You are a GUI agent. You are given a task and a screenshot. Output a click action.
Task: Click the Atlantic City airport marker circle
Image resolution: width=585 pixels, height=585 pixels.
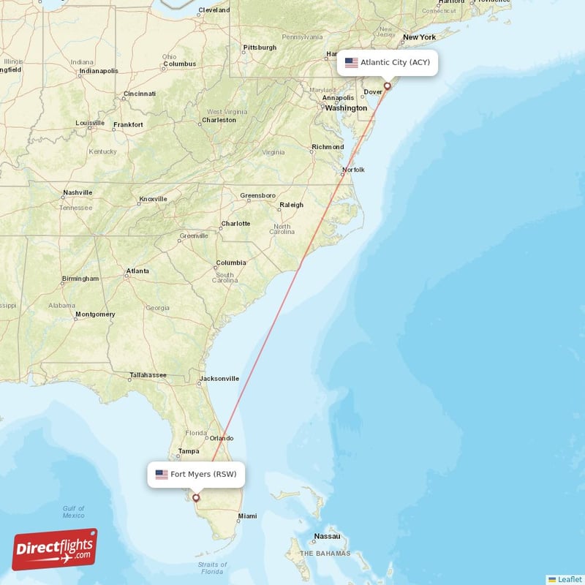point(388,86)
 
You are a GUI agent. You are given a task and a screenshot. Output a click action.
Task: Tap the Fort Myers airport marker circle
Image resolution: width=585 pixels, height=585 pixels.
point(195,498)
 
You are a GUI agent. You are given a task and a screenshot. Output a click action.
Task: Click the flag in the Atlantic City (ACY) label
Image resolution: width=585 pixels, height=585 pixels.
point(352,63)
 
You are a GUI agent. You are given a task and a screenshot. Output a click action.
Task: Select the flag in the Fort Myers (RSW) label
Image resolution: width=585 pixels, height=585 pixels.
point(162,475)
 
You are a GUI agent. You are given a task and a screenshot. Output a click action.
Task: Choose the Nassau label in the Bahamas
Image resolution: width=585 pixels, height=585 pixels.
point(326,536)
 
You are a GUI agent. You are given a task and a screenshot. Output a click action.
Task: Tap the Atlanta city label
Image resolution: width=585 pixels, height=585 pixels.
point(137,271)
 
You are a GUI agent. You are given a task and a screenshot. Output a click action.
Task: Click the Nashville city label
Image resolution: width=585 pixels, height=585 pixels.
point(78,192)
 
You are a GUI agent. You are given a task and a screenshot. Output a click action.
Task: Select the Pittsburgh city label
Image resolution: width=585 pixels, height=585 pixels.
point(260,48)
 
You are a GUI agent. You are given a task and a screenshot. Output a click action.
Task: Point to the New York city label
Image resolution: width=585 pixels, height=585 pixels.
point(419,37)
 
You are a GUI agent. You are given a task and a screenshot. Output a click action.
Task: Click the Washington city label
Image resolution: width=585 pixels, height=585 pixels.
point(346,108)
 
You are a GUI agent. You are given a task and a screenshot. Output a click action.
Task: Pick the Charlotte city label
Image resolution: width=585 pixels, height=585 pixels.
point(235,224)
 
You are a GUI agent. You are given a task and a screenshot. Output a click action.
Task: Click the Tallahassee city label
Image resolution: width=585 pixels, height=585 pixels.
point(148,376)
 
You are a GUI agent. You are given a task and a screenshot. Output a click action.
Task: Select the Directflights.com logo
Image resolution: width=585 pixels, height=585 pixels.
point(54,549)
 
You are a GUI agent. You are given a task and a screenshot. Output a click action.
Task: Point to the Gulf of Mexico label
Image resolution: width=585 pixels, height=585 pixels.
point(73,512)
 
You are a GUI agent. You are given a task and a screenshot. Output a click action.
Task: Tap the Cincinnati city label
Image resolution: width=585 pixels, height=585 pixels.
point(139,94)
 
